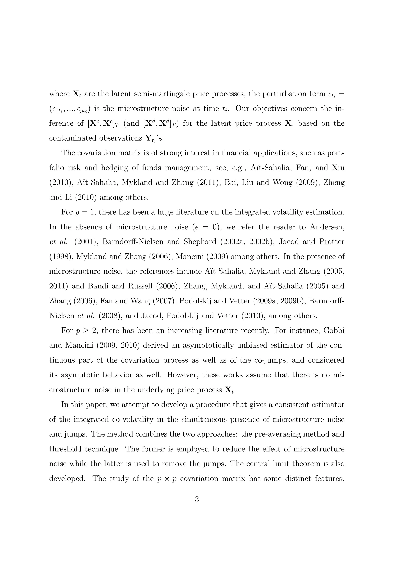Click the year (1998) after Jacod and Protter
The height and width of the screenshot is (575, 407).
(x=60, y=257)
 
